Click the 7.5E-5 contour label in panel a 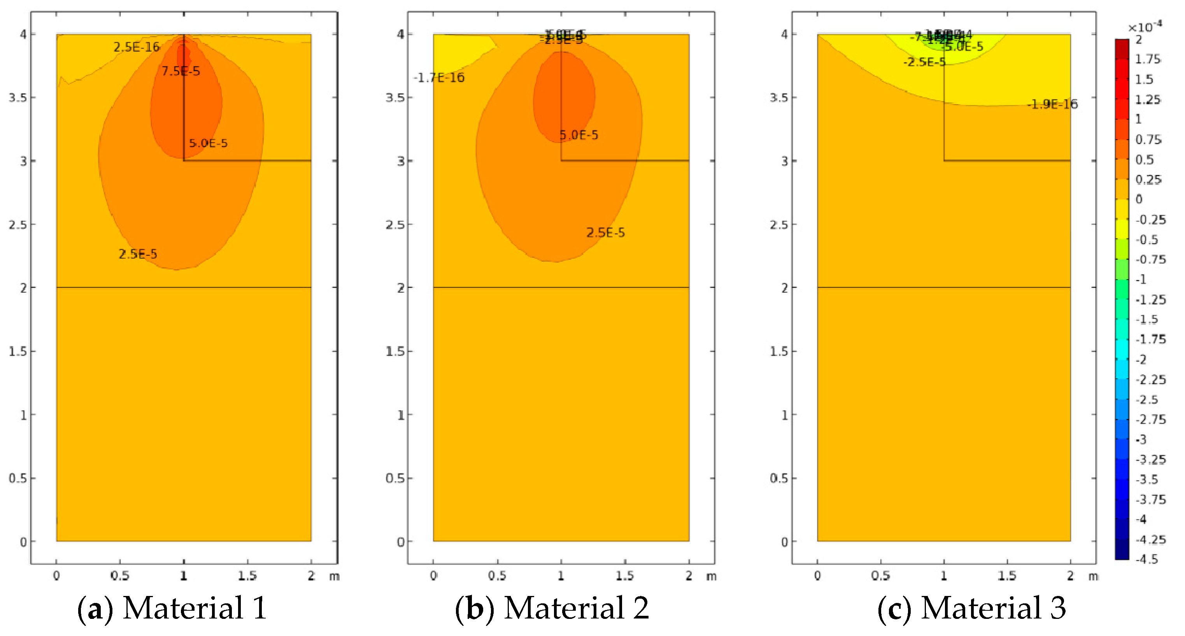pos(181,71)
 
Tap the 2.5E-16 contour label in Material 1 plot pos(136,47)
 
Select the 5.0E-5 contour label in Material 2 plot pos(579,135)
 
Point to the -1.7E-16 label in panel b pos(439,78)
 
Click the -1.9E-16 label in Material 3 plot pos(1052,104)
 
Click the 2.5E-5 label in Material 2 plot pos(605,232)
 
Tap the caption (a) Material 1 pos(172,608)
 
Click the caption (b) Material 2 pos(552,608)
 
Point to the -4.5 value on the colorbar pos(1146,559)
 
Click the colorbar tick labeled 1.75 pos(1147,59)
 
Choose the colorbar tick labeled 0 pos(1139,199)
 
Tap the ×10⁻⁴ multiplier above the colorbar pos(1145,27)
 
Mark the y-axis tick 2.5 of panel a pos(18,225)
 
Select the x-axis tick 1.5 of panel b pos(624,576)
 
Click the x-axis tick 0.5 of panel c pos(880,576)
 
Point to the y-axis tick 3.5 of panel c pos(779,98)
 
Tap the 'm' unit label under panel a pos(335,576)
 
